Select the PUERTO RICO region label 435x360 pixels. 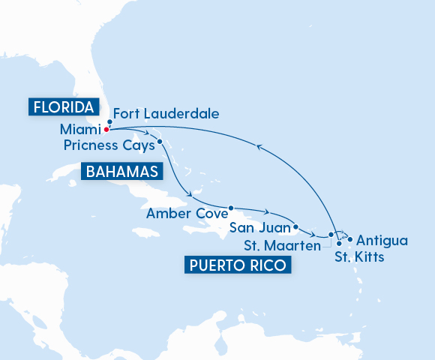238,265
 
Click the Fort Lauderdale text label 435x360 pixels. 167,114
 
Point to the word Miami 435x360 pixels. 80,129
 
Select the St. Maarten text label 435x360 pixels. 283,244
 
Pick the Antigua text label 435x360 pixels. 382,241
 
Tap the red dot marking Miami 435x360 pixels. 106,129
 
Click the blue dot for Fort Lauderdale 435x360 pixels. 110,121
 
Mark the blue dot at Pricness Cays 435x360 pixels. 160,141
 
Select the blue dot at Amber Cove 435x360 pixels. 231,208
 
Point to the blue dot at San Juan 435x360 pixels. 296,226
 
